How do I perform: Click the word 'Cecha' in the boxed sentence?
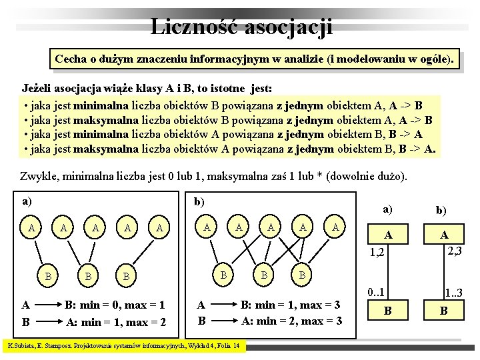pyautogui.click(x=72, y=59)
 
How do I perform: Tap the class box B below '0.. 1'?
pyautogui.click(x=386, y=311)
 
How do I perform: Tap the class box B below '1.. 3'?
pyautogui.click(x=443, y=311)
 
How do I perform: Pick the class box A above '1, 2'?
pyautogui.click(x=386, y=235)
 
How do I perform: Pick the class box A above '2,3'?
pyautogui.click(x=443, y=235)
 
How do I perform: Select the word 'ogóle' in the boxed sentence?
pyautogui.click(x=437, y=59)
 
